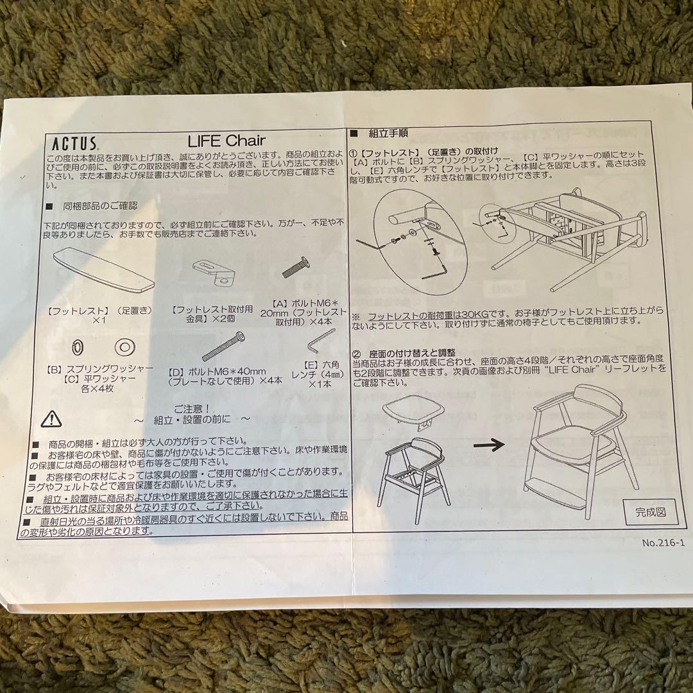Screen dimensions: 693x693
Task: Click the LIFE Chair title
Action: click(227, 140)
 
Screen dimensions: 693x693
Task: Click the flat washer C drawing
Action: click(124, 347)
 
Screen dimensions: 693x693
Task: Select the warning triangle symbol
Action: click(51, 419)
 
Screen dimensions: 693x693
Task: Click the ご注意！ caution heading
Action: click(193, 407)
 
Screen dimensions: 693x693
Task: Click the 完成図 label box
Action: click(651, 511)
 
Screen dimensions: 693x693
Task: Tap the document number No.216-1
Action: click(663, 543)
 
